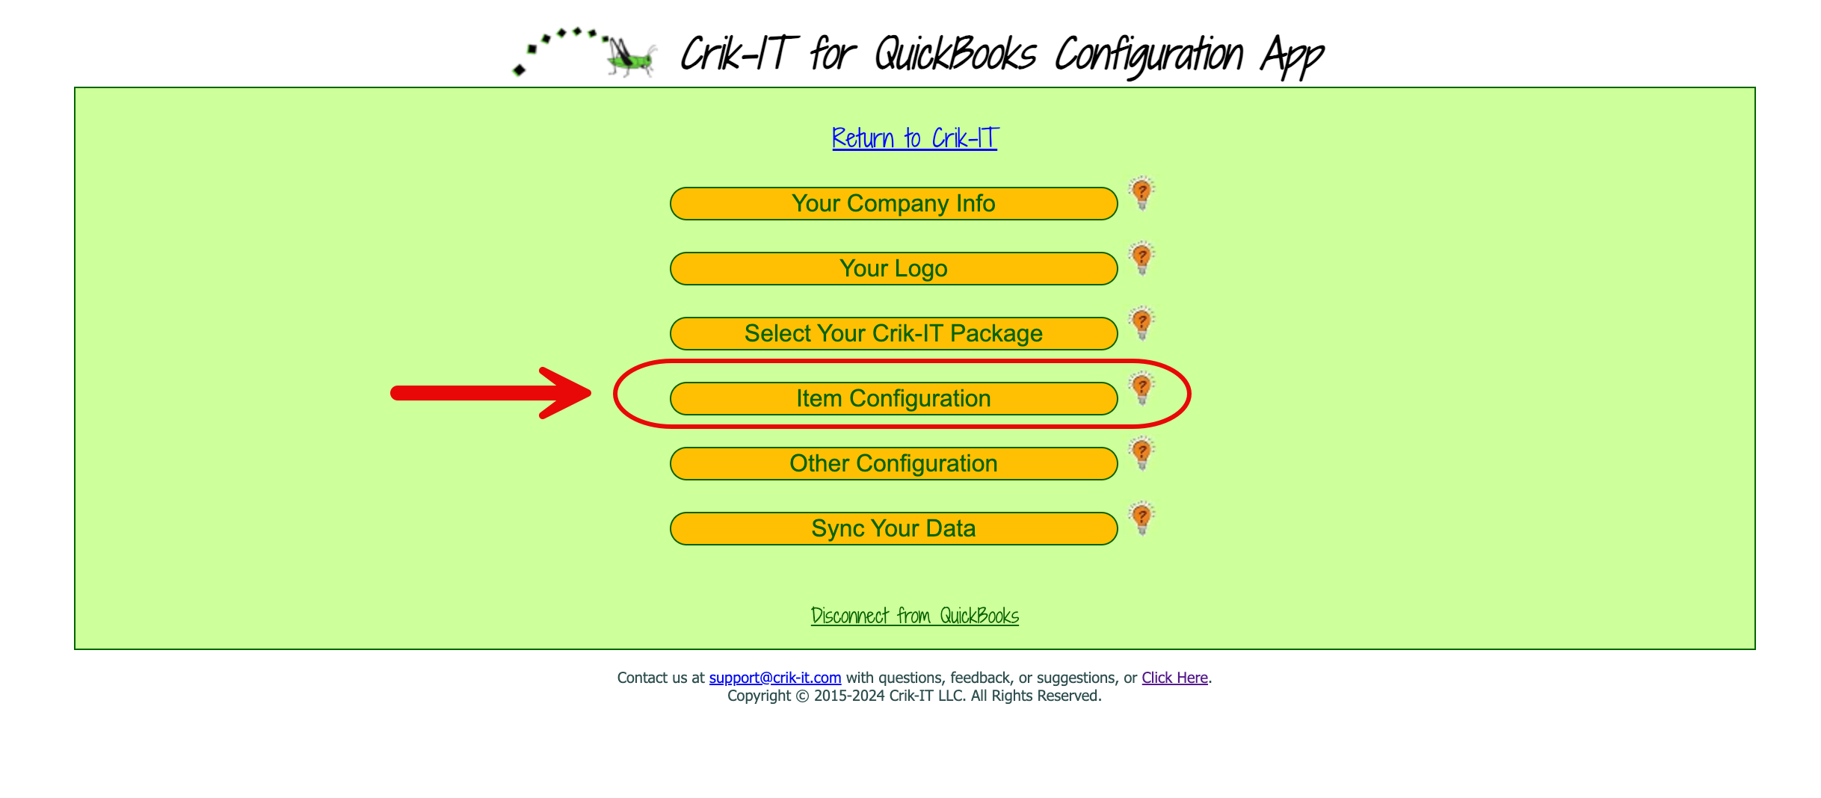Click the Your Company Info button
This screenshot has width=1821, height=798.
[893, 203]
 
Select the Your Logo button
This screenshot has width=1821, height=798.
[893, 268]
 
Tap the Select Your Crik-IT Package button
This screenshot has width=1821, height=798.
[893, 333]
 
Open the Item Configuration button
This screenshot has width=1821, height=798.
[893, 398]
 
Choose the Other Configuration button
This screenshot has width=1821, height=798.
[893, 463]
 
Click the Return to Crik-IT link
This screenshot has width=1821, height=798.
[915, 138]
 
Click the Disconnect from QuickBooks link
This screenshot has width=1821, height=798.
[915, 616]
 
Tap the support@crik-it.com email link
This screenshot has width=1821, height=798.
[775, 678]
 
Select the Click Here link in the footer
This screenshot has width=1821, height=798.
[1174, 678]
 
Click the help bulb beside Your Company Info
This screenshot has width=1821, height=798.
[1141, 194]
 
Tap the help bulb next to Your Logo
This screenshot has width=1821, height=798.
[1141, 259]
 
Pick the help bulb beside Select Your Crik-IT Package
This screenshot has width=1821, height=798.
[1141, 324]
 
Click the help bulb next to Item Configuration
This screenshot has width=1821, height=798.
[1141, 389]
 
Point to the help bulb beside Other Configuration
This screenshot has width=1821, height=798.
[1141, 454]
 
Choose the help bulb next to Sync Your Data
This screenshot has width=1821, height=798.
[1141, 519]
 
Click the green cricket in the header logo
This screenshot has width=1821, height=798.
[632, 57]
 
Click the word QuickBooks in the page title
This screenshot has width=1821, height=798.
[955, 55]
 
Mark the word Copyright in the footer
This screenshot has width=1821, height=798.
[759, 696]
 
